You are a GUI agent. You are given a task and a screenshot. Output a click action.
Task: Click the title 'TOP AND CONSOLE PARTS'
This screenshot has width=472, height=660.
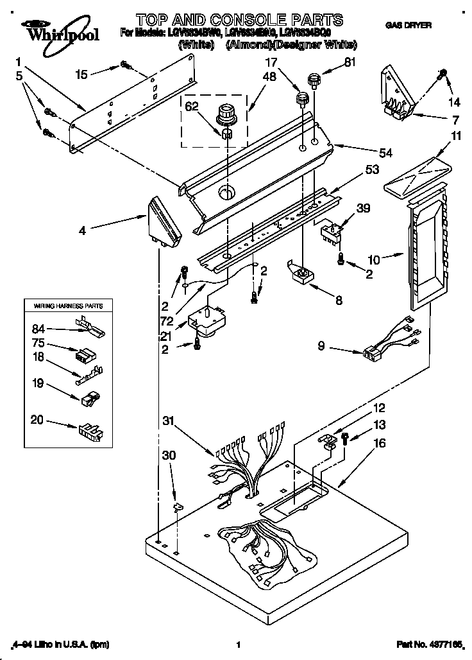click(x=239, y=20)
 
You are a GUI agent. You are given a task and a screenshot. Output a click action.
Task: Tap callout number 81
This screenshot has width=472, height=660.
click(x=350, y=62)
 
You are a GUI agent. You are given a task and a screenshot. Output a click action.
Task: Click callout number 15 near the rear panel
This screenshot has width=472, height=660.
click(x=81, y=74)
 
